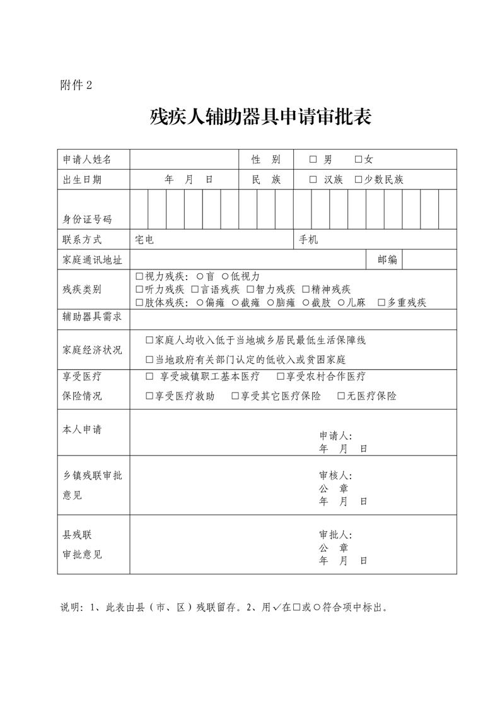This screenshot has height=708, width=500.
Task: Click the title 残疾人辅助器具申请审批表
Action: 260,118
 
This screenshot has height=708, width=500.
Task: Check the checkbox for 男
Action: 313,160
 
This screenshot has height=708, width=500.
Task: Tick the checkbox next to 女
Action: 358,160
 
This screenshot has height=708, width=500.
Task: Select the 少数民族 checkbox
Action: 358,179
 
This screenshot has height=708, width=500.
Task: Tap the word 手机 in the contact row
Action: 308,240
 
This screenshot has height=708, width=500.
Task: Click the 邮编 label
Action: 387,259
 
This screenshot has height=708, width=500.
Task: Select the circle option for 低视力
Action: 225,276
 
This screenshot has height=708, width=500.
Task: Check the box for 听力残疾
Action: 139,289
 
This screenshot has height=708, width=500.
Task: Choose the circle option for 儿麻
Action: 341,302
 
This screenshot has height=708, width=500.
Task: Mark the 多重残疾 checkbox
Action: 381,302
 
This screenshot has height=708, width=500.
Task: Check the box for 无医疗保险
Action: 341,396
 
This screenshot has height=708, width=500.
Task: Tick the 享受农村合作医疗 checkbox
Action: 281,377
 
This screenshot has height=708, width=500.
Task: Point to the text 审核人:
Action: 335,475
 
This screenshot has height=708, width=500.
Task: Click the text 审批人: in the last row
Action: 335,534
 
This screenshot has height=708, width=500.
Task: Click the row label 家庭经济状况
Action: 92,349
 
